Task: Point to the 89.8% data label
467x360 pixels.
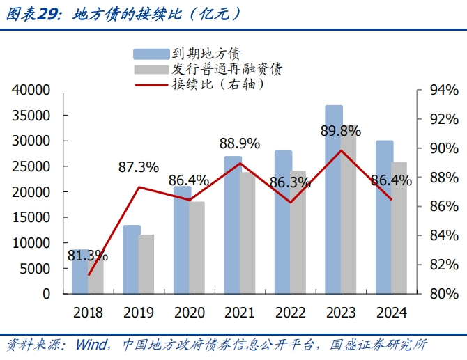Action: tap(340, 131)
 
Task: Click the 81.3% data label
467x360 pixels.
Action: tap(88, 256)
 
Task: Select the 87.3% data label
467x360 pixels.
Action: tap(138, 168)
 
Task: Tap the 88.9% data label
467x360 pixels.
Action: tap(239, 144)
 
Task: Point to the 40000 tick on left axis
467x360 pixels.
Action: tap(31, 90)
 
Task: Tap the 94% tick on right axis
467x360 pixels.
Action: tap(443, 90)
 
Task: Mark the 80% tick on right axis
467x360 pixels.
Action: tap(443, 294)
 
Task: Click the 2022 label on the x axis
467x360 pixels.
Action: tap(289, 313)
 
